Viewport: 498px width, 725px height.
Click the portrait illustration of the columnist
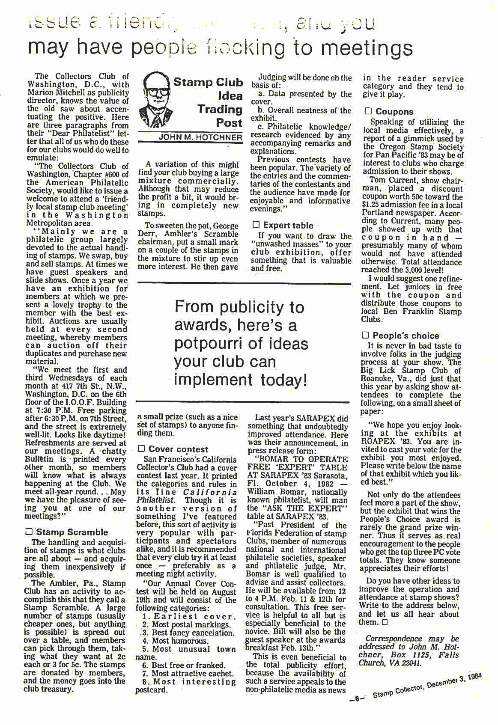(x=156, y=101)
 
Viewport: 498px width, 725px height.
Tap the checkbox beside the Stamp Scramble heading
(x=29, y=532)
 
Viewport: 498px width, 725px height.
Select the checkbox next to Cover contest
(x=141, y=449)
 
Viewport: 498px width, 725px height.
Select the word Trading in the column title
(x=220, y=109)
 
